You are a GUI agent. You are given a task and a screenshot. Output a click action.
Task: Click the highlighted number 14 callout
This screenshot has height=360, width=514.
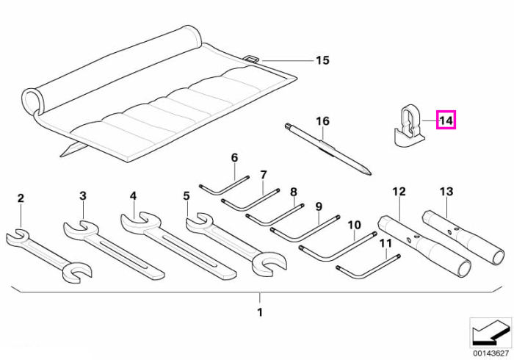click(x=446, y=120)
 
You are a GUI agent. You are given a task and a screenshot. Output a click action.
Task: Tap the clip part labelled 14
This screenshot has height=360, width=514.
click(x=408, y=126)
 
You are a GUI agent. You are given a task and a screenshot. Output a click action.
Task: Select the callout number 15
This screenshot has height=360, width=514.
click(x=322, y=60)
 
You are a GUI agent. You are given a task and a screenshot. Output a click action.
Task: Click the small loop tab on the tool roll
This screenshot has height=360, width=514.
click(x=252, y=58)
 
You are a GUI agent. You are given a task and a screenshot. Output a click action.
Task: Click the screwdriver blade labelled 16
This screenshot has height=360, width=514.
click(x=328, y=149)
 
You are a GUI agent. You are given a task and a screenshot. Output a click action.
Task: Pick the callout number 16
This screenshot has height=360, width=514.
click(x=322, y=121)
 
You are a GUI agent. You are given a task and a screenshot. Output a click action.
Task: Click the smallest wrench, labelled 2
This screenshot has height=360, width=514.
click(x=49, y=256)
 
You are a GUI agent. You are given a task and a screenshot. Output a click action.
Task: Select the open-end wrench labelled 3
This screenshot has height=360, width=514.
click(x=113, y=250)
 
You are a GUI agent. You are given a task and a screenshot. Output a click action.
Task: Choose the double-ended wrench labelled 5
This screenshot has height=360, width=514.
click(x=236, y=245)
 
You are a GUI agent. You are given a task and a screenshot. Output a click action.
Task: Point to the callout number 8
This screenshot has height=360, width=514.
click(x=294, y=192)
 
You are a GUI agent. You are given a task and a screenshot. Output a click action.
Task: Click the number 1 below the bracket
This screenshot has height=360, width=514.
click(x=260, y=312)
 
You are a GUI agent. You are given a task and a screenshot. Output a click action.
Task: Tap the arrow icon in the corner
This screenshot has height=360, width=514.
click(x=491, y=333)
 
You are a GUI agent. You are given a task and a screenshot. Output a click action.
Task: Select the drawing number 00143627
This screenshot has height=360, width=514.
click(x=491, y=353)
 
